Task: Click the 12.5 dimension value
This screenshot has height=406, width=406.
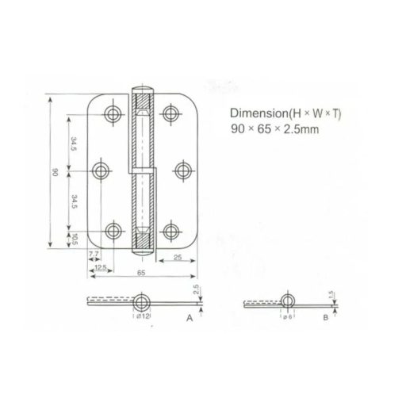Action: pyautogui.click(x=100, y=266)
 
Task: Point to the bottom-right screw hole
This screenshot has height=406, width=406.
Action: pyautogui.click(x=172, y=232)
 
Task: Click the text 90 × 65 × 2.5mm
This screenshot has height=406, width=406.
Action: pyautogui.click(x=275, y=129)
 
